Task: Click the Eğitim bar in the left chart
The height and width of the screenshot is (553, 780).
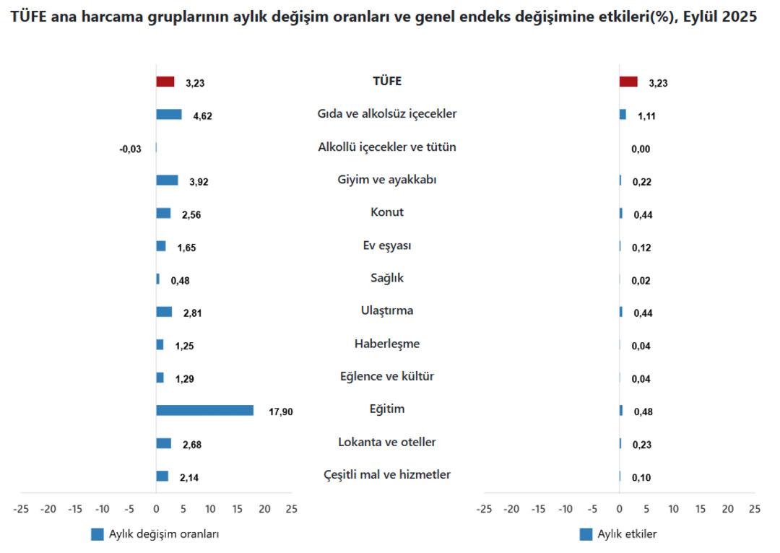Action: [x=205, y=410]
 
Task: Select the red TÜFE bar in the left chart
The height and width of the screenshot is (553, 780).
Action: [x=165, y=82]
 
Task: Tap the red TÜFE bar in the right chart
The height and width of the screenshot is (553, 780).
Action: [x=628, y=82]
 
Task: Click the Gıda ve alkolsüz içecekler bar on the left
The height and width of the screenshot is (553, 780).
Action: [x=169, y=114]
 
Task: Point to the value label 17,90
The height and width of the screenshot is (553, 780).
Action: [x=281, y=412]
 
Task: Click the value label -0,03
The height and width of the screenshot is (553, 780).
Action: [x=131, y=149]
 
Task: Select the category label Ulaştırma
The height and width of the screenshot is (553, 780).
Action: [x=387, y=310]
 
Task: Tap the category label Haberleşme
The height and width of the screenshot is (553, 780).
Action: [x=387, y=344]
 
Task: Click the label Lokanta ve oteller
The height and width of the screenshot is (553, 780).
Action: [x=387, y=442]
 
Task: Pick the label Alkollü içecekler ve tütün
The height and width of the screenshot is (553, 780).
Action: [x=387, y=147]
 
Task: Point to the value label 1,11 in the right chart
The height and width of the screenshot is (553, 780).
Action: [x=647, y=116]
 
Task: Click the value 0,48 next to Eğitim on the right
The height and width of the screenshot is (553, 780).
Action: [x=643, y=412]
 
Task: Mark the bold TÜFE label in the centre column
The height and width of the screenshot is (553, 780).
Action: [x=387, y=81]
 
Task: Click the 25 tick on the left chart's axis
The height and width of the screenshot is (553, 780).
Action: [x=291, y=509]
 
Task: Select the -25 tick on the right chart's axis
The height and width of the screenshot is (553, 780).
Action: [x=484, y=509]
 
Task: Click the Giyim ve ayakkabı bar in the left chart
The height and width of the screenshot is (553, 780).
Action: [x=167, y=180]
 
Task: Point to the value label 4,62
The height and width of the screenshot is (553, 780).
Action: [x=202, y=116]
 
